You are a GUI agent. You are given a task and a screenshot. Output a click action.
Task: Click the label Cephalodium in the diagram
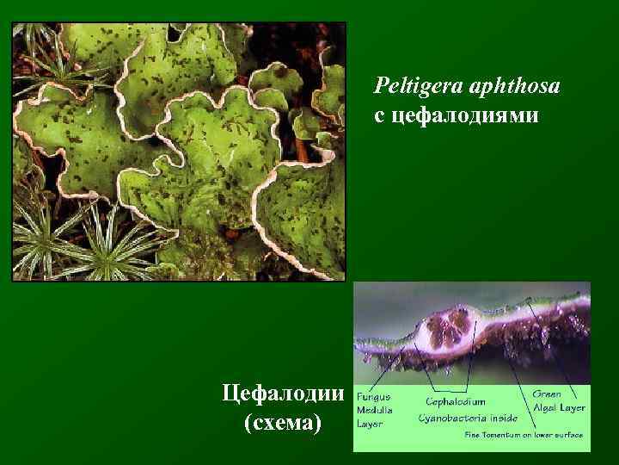(455, 401)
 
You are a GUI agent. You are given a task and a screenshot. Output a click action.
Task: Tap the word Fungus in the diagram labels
(373, 397)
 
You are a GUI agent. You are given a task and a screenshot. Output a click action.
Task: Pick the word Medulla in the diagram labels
(375, 411)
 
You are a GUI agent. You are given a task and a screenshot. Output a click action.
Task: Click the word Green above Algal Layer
(547, 394)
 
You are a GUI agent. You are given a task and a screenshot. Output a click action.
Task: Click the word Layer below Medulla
(371, 424)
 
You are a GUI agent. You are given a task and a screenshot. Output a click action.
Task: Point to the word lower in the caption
(541, 435)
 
